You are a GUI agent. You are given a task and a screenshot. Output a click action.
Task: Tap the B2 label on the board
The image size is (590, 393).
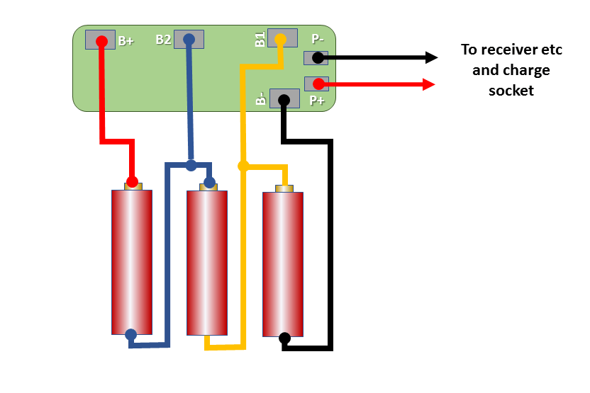[x=163, y=40]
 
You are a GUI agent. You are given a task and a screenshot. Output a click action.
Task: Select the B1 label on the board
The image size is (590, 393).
[x=260, y=40]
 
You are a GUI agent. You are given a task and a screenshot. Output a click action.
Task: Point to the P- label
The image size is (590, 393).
[x=318, y=40]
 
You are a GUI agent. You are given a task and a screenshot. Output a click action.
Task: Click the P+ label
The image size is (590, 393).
[x=317, y=101]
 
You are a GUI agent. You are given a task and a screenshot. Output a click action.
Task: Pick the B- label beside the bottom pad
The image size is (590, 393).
[x=261, y=99]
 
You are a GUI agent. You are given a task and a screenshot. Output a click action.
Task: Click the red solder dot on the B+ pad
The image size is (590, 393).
[x=101, y=41]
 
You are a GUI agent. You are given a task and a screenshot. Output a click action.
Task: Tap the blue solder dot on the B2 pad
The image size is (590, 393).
[x=189, y=40]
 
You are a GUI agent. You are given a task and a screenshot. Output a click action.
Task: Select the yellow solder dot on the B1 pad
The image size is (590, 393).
[x=281, y=38]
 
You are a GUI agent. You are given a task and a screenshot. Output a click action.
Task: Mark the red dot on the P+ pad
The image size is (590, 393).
[x=318, y=84]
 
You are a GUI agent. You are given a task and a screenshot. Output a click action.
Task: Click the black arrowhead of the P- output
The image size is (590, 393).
[x=430, y=57]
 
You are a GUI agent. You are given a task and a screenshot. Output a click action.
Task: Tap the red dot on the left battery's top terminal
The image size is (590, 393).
[x=132, y=181]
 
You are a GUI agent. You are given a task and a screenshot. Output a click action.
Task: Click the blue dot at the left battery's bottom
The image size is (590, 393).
[x=130, y=334]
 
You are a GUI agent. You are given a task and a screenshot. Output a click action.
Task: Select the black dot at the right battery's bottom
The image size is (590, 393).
[x=284, y=338]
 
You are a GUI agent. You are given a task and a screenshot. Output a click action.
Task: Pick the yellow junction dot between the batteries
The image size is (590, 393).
[x=243, y=166]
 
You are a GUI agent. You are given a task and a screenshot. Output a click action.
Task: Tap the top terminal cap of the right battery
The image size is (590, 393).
[x=284, y=188]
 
